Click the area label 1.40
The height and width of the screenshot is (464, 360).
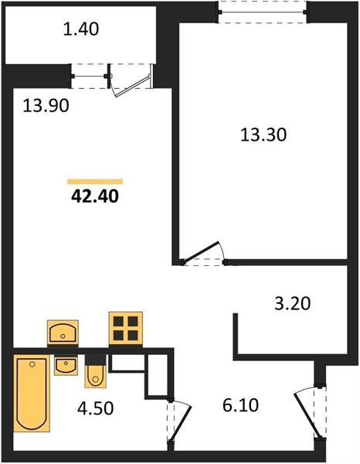(81, 29)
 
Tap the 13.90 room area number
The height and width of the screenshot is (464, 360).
(46, 106)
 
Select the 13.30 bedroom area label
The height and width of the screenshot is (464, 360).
(263, 135)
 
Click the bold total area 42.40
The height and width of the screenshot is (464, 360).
(95, 196)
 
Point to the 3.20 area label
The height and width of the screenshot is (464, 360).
(293, 304)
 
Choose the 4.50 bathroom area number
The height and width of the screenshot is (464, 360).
(95, 408)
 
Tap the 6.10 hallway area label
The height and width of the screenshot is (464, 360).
(240, 405)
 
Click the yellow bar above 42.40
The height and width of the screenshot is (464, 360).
(95, 182)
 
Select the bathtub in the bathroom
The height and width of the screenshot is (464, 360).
(32, 394)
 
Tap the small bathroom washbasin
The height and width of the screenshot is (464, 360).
(66, 366)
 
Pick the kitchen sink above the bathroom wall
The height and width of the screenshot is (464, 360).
(63, 333)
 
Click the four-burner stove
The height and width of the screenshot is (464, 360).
(126, 329)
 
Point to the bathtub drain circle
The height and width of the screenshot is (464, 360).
(32, 364)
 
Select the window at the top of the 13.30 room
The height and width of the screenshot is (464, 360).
(263, 12)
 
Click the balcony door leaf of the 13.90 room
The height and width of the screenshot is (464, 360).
(134, 86)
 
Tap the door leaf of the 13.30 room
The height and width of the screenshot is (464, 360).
(202, 253)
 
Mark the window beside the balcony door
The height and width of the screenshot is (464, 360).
(90, 77)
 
